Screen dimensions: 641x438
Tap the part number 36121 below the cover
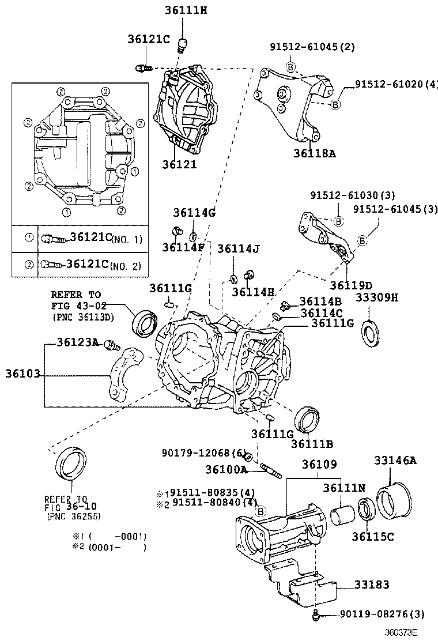pos(179,164)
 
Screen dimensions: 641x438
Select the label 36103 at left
pos(22,374)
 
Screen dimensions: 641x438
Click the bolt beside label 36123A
pos(111,346)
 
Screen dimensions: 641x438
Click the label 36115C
pos(373,537)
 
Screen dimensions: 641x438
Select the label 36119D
pos(351,285)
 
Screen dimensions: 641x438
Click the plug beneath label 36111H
pos(183,45)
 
